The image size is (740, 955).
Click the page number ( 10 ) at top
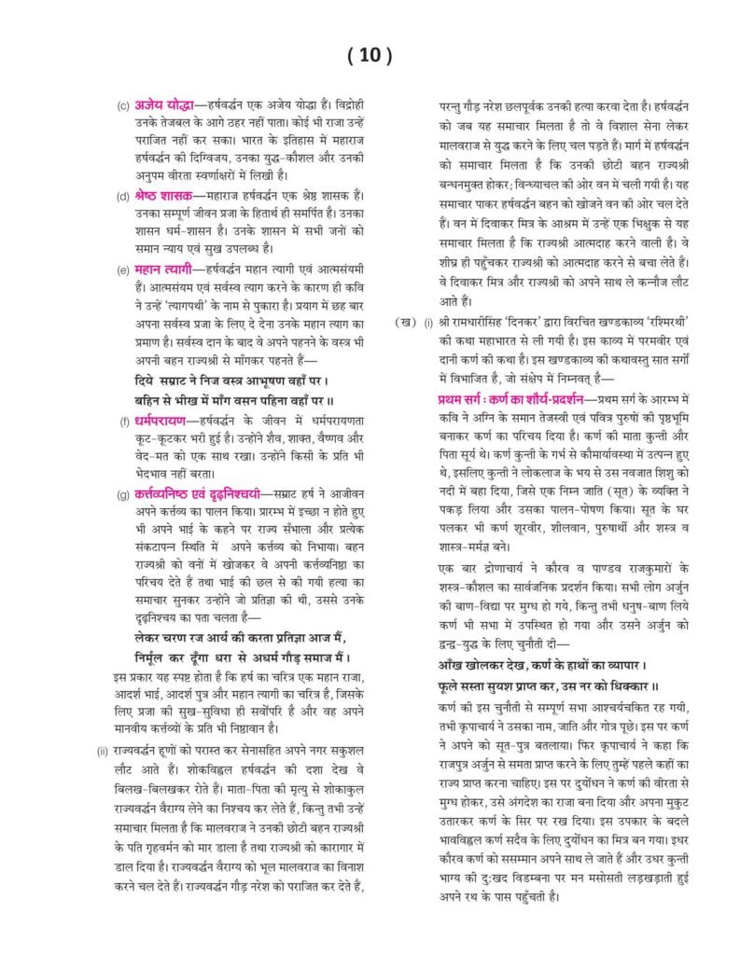tap(370, 55)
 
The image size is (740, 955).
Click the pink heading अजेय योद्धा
tap(165, 104)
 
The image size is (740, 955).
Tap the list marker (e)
tap(123, 270)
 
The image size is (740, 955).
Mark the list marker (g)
tap(123, 493)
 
